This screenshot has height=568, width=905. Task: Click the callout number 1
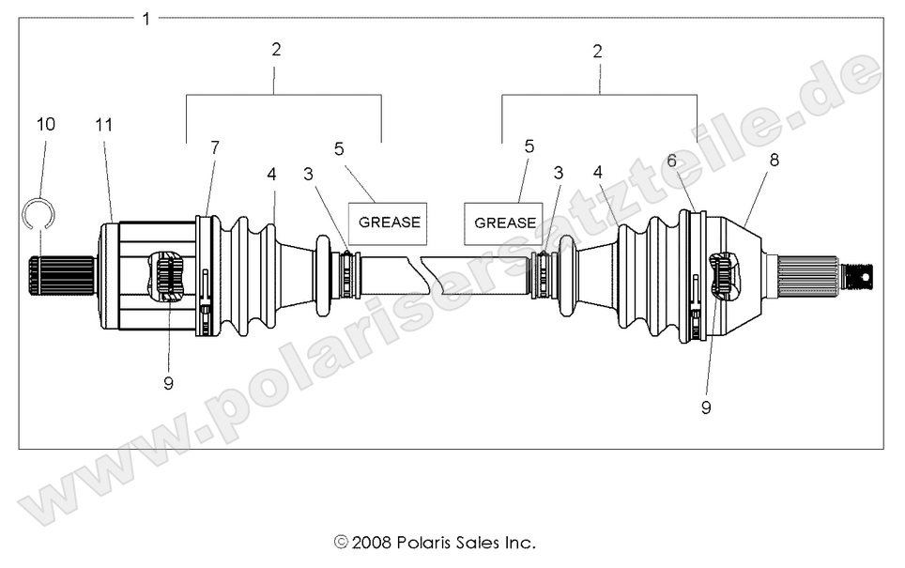146,18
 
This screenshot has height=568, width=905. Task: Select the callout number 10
46,124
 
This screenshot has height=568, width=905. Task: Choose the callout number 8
774,161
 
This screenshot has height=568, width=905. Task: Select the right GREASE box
504,223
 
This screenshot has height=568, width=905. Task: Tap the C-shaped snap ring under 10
38,213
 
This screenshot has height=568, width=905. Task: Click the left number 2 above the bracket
276,49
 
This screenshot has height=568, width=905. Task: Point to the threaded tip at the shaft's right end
858,276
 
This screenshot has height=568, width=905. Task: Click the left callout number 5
340,148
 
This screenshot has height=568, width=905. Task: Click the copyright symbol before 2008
340,543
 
